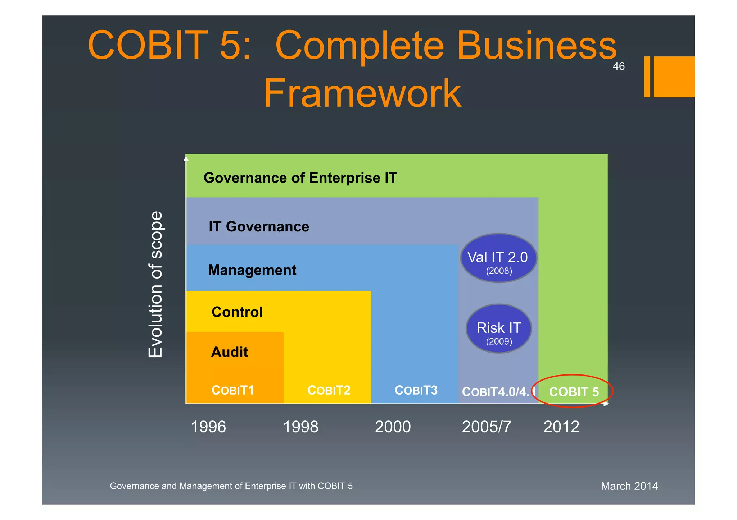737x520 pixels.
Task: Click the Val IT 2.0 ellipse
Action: [498, 258]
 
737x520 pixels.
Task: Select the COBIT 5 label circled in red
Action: [574, 392]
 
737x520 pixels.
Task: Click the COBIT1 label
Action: [233, 390]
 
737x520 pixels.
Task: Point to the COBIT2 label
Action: [329, 390]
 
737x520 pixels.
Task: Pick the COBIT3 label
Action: [416, 390]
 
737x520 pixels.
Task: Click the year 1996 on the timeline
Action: [208, 427]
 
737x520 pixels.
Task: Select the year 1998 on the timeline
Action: [300, 427]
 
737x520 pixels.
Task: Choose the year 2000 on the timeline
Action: [393, 427]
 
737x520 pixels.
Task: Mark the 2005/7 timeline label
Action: [486, 427]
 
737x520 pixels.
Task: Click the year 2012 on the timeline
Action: [561, 427]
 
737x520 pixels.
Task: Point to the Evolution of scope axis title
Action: [155, 284]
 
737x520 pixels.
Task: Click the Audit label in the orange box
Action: [229, 352]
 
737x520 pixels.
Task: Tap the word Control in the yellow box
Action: [237, 312]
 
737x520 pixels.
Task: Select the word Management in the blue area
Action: [252, 270]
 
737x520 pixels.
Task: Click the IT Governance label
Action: [259, 227]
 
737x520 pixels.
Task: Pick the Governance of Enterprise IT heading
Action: [300, 178]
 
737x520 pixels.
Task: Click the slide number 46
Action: [619, 66]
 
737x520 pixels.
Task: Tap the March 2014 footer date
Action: [629, 486]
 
